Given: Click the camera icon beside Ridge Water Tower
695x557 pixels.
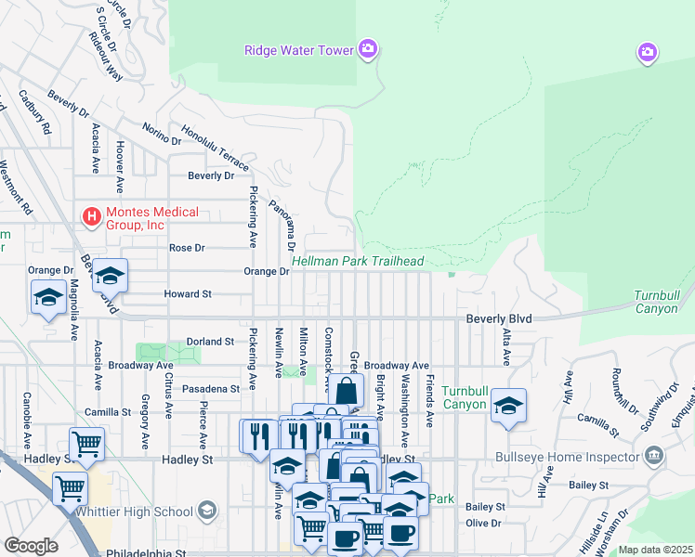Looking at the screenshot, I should point(368,48).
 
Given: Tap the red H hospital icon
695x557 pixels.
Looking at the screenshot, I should point(92,218).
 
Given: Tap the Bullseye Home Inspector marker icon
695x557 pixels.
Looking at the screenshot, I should point(655,456).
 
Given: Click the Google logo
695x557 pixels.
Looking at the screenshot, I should point(31,545).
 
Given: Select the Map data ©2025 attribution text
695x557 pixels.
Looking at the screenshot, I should point(655,550).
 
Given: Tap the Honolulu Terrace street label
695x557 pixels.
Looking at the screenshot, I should point(215,149).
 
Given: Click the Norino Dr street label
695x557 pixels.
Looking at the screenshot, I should point(162,135).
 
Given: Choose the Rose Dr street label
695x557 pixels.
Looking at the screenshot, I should point(186,248).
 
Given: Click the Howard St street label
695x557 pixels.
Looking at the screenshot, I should point(188,293).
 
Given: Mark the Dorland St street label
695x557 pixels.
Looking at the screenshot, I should point(210,342).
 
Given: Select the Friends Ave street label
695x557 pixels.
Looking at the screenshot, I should point(429,401).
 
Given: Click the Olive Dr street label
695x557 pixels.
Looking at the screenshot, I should point(483,523).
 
